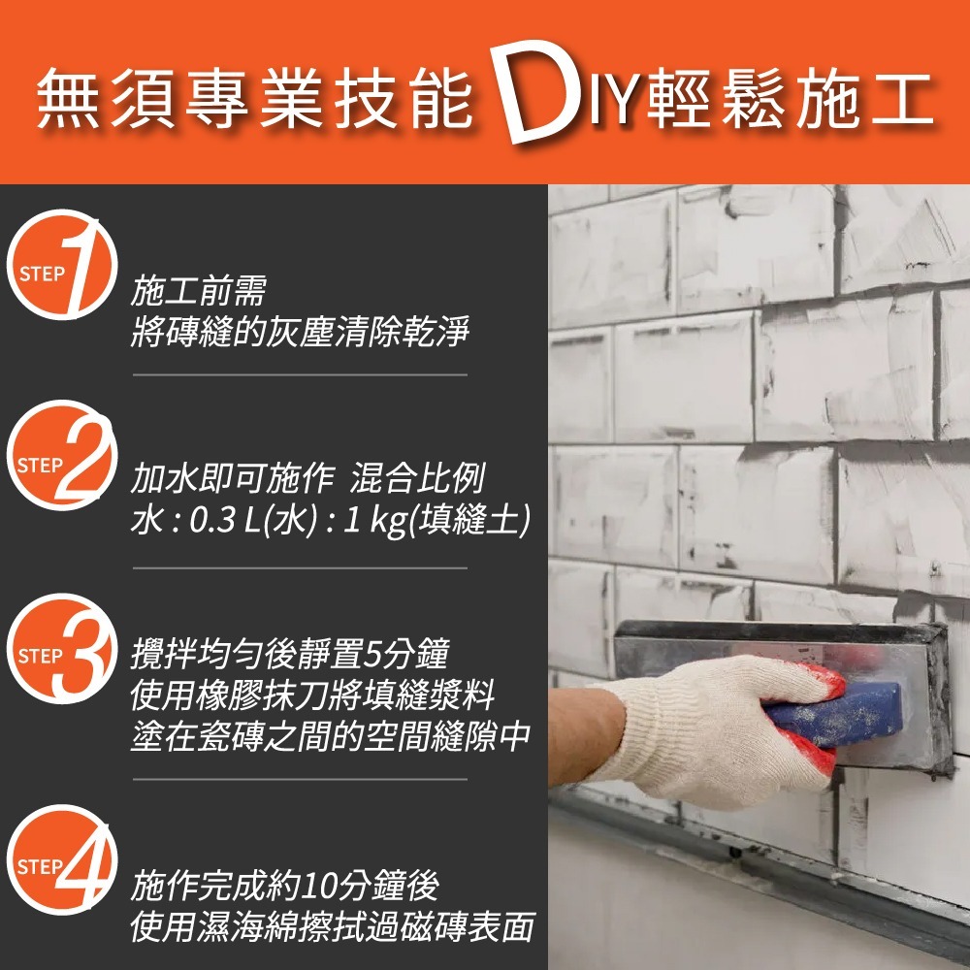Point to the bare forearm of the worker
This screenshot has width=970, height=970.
click(582, 737)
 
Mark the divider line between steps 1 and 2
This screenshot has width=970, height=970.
click(300, 374)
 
